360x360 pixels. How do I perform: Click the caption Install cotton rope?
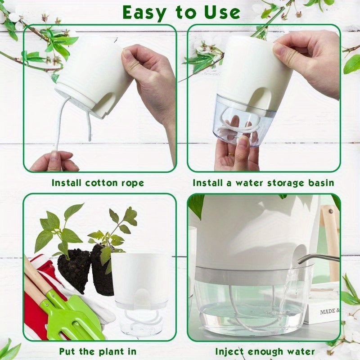point(98,183)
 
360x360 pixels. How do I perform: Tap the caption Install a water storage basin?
point(263,183)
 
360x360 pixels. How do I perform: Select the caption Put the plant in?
point(98,351)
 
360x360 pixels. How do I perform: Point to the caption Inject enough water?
point(265,351)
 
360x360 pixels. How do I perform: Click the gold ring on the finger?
point(230,154)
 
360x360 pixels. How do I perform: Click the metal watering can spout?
point(317,257)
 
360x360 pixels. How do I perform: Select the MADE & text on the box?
point(329,311)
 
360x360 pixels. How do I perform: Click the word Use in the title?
point(219,12)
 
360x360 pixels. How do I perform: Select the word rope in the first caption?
point(133,183)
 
